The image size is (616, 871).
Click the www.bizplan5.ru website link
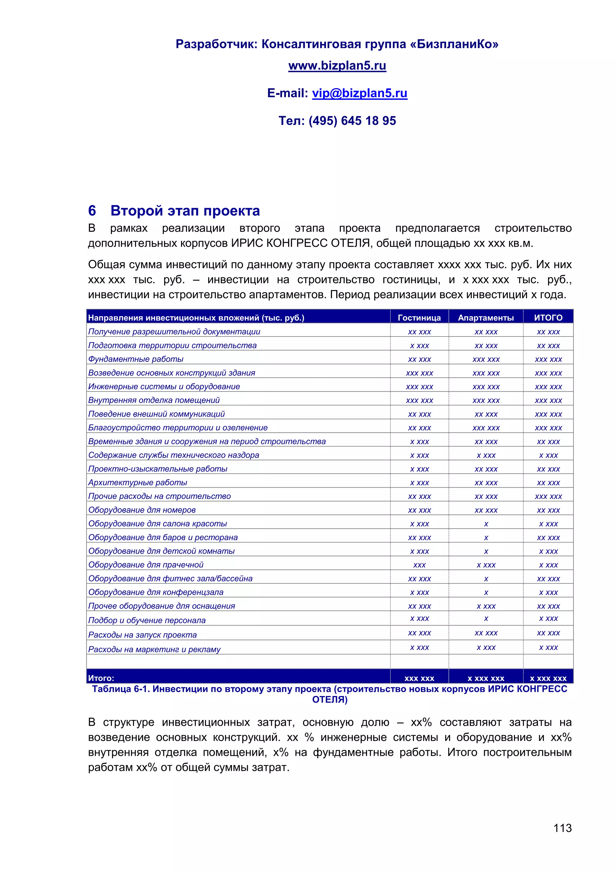tap(337, 66)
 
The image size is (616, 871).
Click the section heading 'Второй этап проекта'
tap(185, 211)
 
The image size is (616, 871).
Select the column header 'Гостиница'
tap(419, 318)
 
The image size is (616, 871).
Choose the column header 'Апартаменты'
tap(485, 318)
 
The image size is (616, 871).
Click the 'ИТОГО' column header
tap(548, 318)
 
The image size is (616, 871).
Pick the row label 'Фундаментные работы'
tap(136, 359)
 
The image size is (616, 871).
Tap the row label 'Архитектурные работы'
tap(138, 482)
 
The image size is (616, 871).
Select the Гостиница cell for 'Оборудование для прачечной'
tap(419, 565)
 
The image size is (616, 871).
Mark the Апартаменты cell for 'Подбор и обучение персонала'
tap(486, 619)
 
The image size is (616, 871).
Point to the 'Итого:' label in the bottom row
tap(101, 678)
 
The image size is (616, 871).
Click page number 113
tap(562, 828)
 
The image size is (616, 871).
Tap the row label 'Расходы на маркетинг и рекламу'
tap(154, 649)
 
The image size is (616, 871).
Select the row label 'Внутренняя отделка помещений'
tap(154, 400)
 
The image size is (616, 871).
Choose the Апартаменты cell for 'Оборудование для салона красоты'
tap(486, 524)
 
